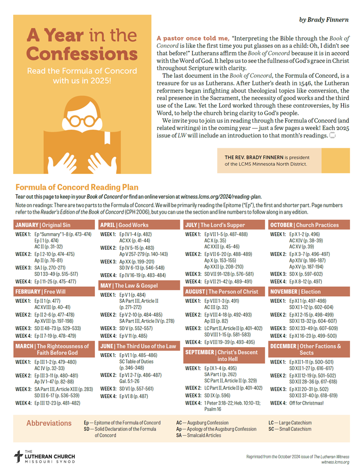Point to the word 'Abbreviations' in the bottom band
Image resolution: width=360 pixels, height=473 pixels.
[x=49, y=423]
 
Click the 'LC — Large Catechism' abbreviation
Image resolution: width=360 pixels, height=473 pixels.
[x=290, y=423]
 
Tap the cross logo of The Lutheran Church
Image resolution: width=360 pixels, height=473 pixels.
[x=18, y=456]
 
